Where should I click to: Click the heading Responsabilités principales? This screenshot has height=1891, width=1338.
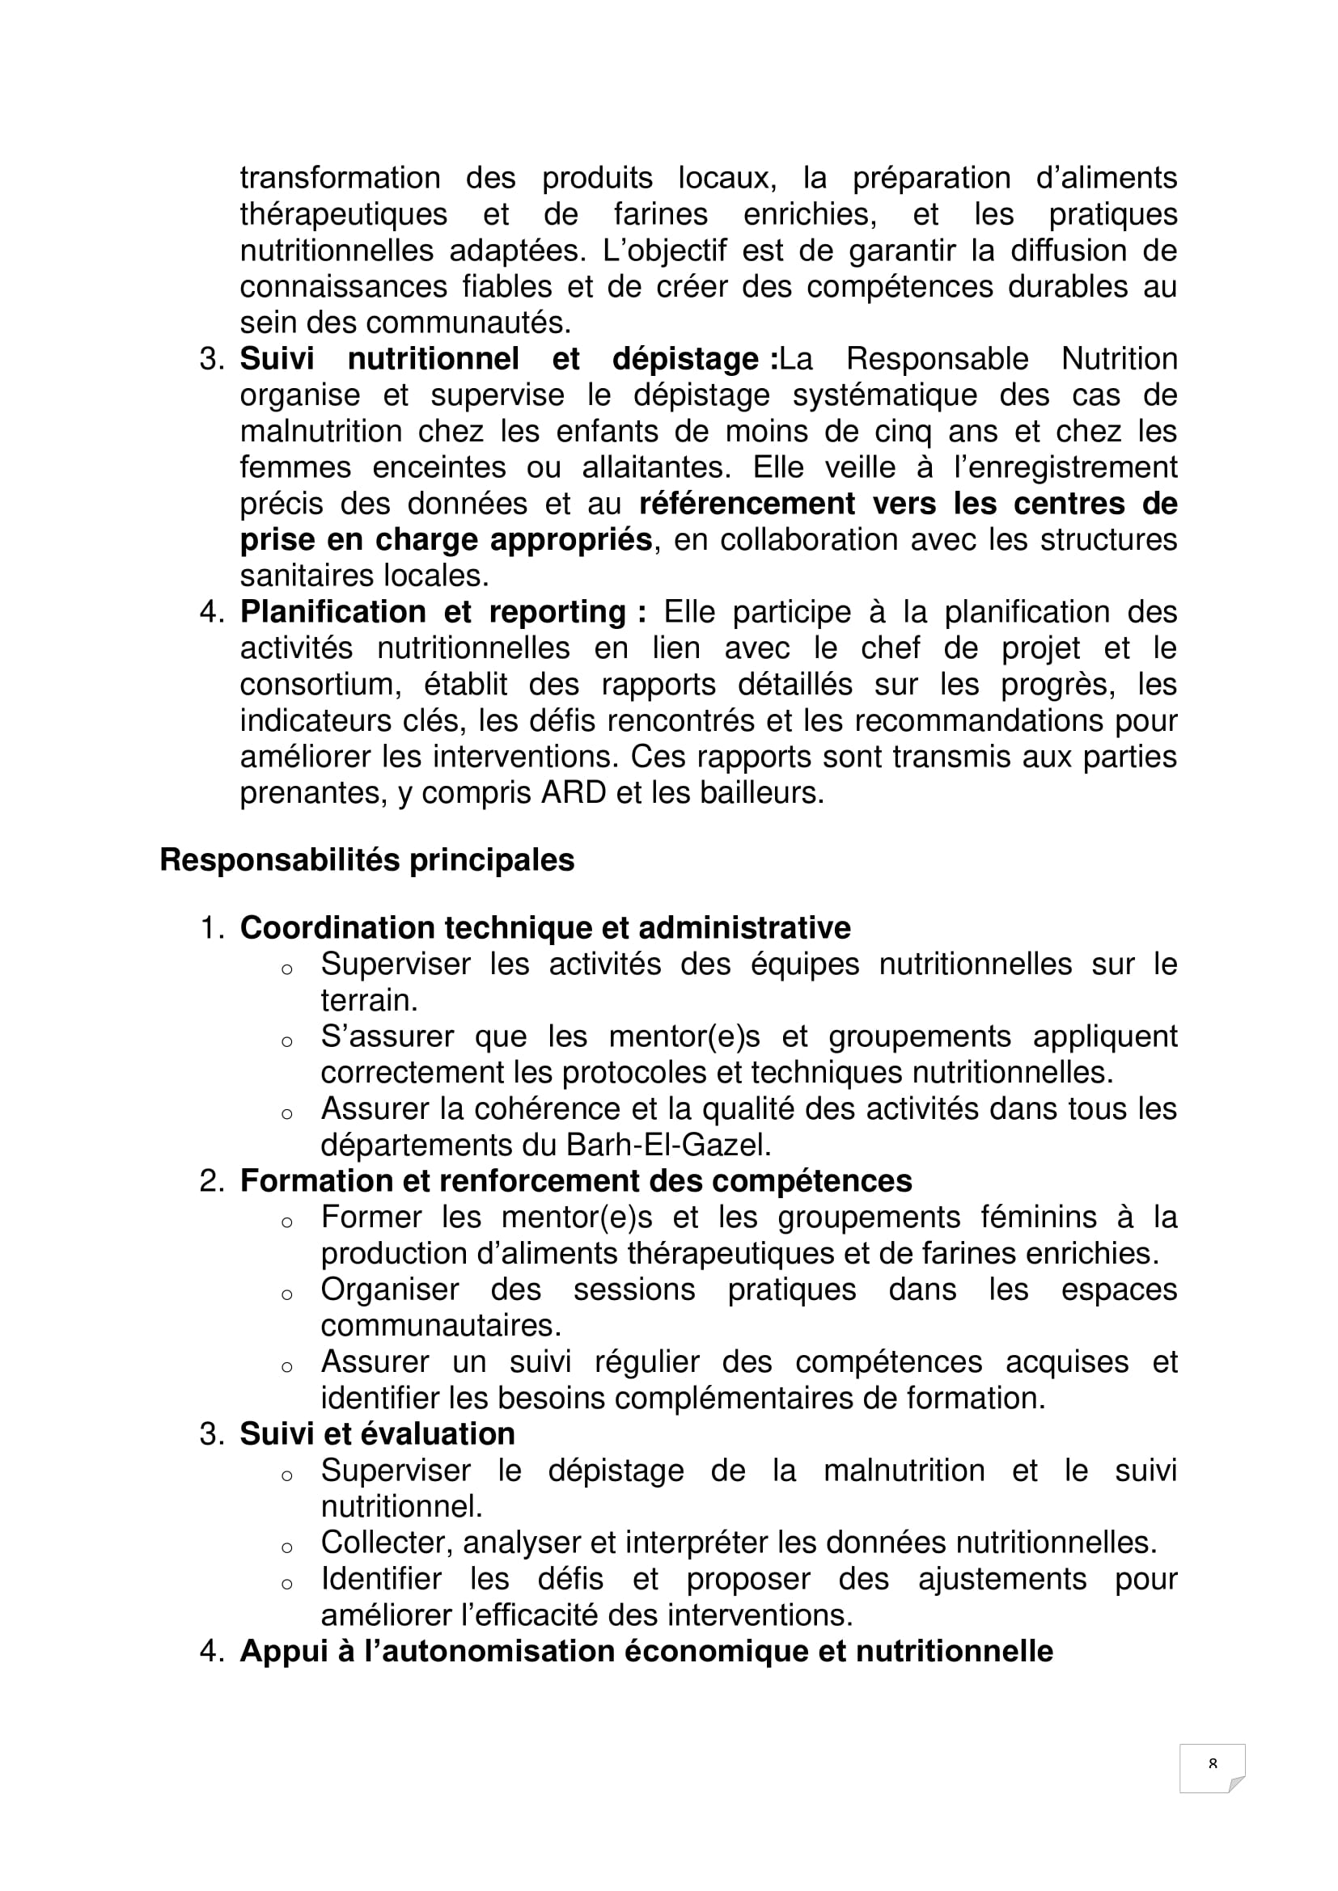pos(366,860)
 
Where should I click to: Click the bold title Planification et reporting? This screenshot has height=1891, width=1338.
pos(442,612)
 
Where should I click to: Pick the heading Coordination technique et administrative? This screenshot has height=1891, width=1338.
pos(544,927)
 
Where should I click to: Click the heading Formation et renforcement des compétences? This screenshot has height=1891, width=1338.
pos(576,1181)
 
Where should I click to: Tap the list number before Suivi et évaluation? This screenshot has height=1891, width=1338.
pos(212,1434)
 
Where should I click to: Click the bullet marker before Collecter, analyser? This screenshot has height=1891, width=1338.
pos(286,1547)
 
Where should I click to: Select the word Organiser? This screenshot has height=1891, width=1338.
pos(390,1289)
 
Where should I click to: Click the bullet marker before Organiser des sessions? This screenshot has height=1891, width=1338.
pos(286,1294)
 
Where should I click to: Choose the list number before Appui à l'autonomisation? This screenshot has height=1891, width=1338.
pos(212,1652)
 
